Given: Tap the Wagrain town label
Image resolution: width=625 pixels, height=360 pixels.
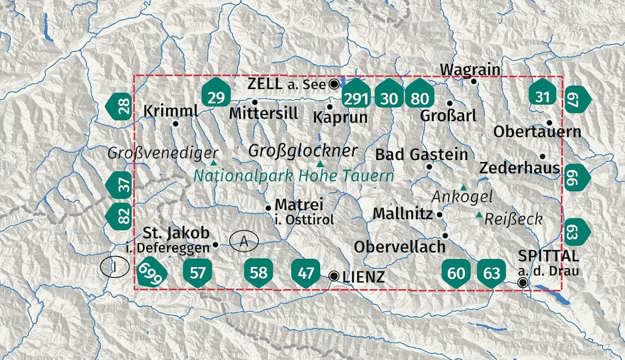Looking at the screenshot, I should (x=470, y=69).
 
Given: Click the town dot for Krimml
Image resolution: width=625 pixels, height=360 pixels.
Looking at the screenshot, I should (x=176, y=123).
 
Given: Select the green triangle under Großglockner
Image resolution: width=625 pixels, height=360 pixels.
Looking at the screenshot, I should (x=320, y=164).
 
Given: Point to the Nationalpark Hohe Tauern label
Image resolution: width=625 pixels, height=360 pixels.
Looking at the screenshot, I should (x=294, y=176).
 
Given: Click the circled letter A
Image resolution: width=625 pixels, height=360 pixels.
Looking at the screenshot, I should (x=244, y=241).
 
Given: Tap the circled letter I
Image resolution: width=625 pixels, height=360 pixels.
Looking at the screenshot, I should (x=114, y=267).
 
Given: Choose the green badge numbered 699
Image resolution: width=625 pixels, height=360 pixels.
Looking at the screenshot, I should (x=152, y=274).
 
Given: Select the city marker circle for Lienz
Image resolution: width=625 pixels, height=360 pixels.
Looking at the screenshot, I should (x=334, y=276).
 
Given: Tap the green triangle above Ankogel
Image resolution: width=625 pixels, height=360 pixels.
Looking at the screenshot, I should (x=463, y=187).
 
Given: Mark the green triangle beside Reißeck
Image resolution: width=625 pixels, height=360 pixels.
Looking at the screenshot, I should (x=479, y=215).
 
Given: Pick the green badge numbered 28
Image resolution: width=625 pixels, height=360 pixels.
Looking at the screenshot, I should (x=120, y=106).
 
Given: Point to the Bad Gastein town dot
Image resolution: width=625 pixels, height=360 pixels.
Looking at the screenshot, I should (x=429, y=167).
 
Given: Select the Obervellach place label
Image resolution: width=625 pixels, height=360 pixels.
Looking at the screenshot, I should (x=400, y=247).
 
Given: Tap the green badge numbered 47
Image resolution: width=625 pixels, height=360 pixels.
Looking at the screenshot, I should (x=306, y=272).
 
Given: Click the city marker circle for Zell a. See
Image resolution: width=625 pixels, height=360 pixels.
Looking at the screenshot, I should (x=334, y=85).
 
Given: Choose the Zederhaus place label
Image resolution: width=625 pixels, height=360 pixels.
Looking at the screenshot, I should (x=520, y=168).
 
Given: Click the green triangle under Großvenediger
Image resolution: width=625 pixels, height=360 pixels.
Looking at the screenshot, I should (x=213, y=162).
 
